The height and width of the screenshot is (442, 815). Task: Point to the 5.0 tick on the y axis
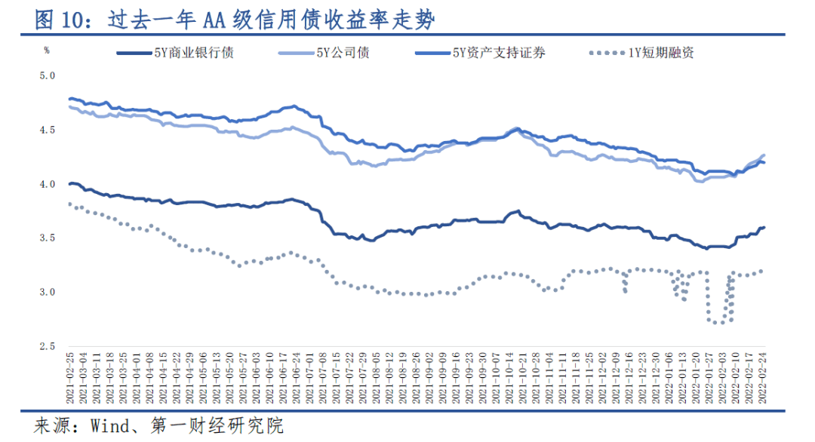(x=48, y=75)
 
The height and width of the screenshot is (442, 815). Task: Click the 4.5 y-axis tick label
(x=48, y=130)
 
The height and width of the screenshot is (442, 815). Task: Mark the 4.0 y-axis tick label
(x=48, y=184)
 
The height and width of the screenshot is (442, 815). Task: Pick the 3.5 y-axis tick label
(x=48, y=238)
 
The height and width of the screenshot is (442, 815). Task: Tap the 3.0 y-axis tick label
(x=48, y=293)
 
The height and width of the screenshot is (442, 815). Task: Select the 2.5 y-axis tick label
(x=48, y=347)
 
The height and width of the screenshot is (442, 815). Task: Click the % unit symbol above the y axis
(x=46, y=51)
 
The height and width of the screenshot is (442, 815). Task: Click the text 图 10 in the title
(x=59, y=20)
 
